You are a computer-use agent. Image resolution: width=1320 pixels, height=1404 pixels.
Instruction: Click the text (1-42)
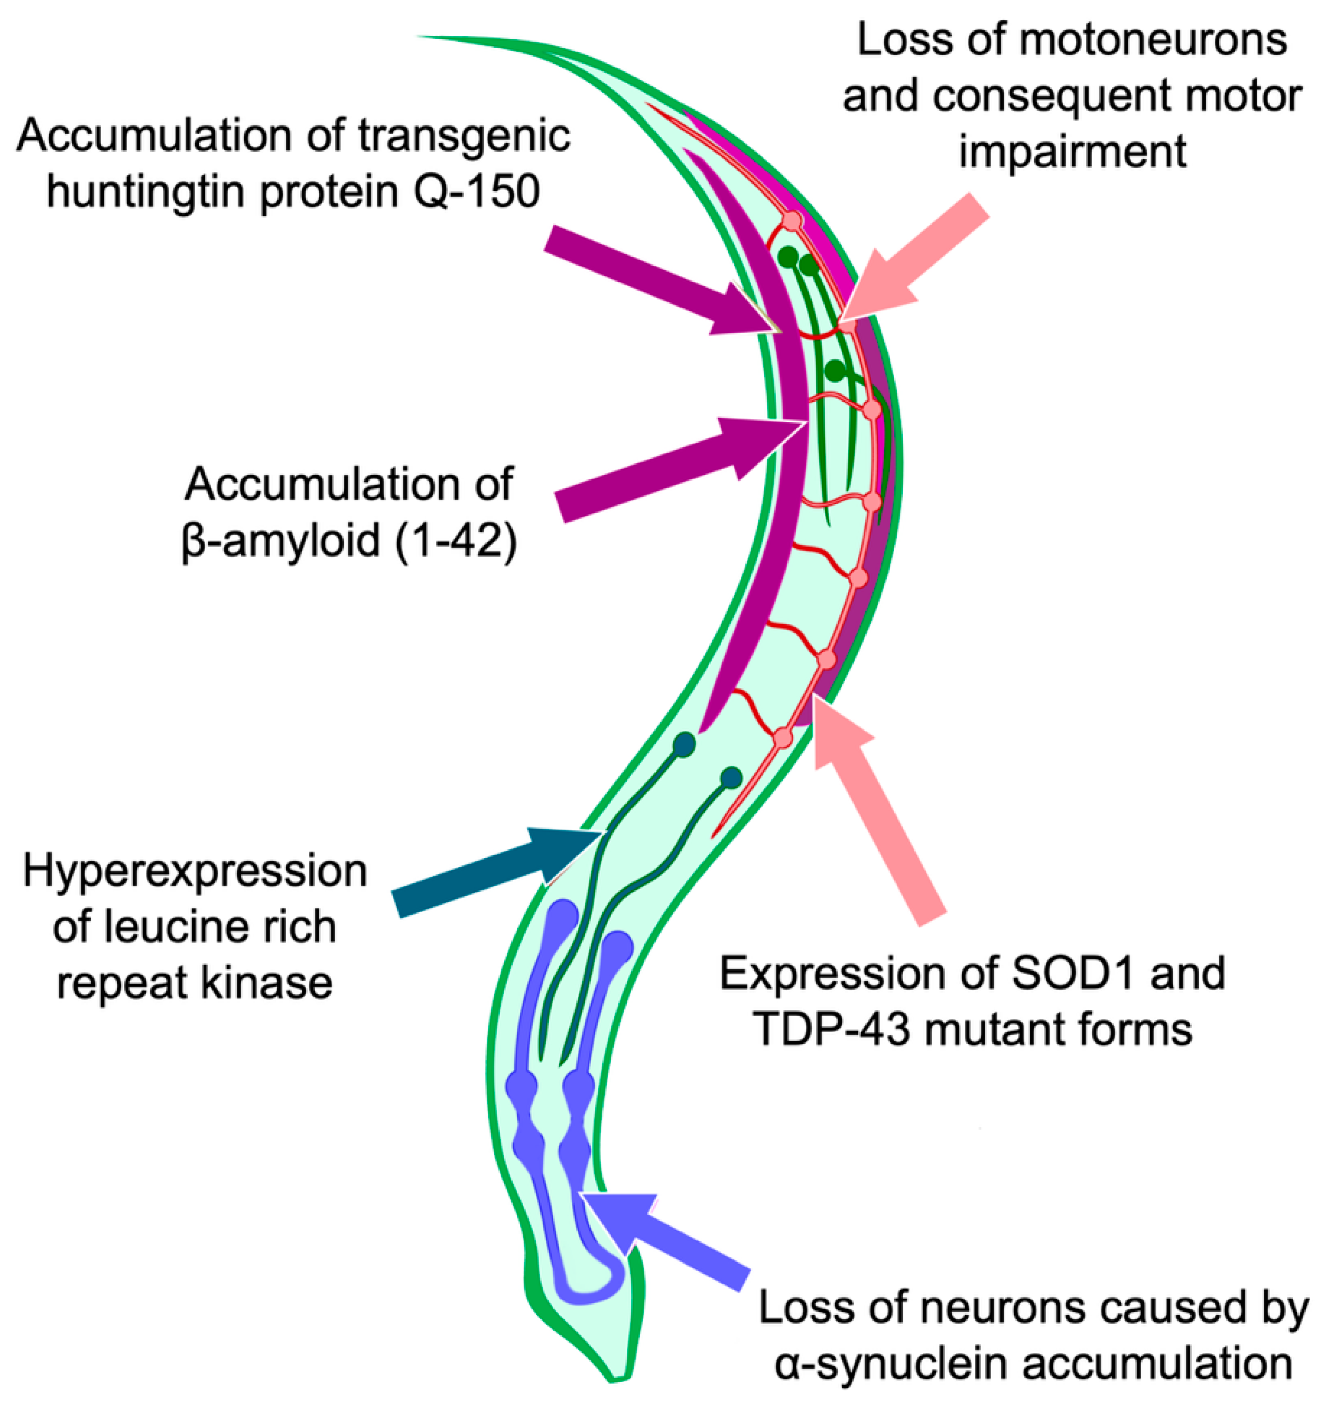456,543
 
